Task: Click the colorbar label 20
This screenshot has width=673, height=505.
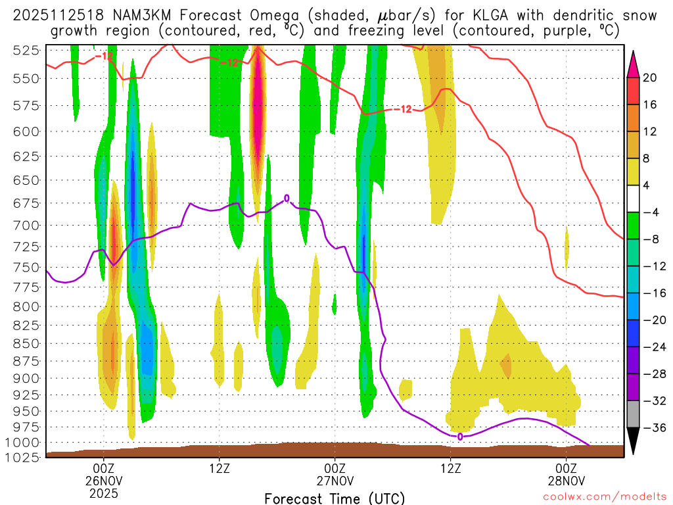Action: (x=650, y=78)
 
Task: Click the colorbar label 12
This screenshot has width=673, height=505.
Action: (x=650, y=132)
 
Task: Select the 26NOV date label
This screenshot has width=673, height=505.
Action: (x=103, y=480)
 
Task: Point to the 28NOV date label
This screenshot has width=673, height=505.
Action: (x=567, y=480)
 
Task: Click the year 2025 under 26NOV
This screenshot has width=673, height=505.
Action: (x=103, y=493)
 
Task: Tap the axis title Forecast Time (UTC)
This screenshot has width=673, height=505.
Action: (x=335, y=498)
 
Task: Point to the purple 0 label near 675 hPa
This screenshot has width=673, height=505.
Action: (x=287, y=198)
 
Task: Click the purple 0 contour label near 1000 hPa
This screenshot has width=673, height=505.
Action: (x=459, y=437)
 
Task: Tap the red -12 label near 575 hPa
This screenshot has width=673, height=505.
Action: (x=402, y=109)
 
